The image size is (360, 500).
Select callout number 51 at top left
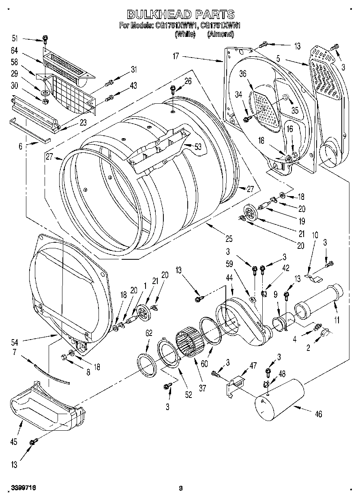(15, 38)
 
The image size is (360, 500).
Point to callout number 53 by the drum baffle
(197, 147)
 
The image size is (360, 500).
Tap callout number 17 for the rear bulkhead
(176, 56)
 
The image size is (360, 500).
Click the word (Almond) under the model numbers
(221, 35)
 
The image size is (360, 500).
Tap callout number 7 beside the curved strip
(15, 352)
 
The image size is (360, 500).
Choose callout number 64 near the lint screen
(15, 50)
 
